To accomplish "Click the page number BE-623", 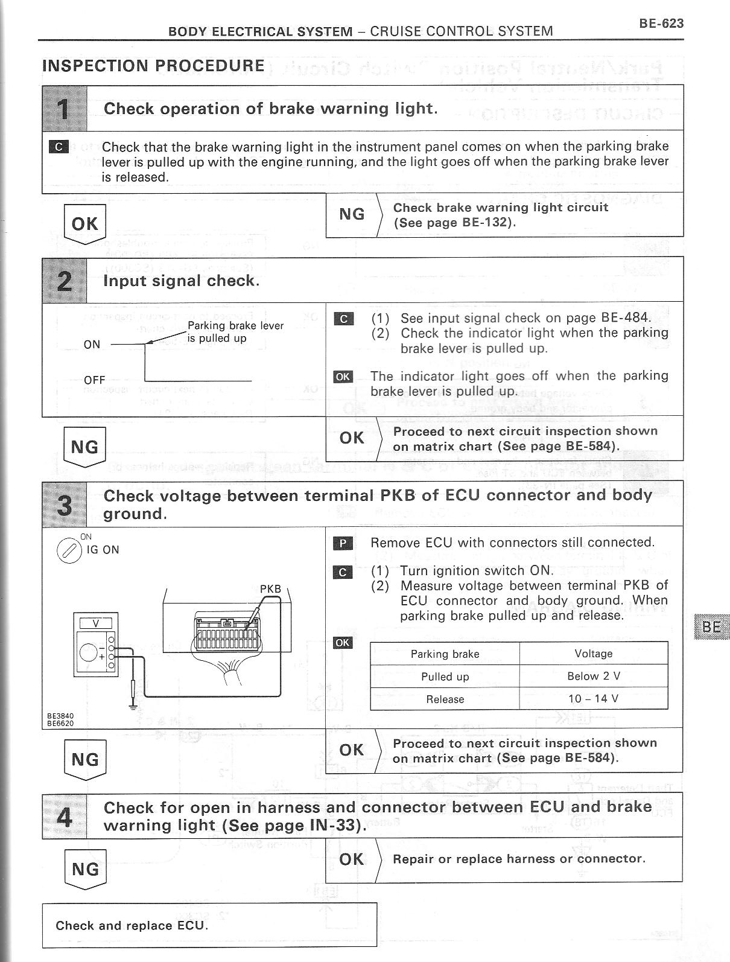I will (661, 24).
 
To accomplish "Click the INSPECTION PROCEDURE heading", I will (153, 66).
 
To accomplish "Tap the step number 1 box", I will (64, 109).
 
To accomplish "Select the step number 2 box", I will (64, 280).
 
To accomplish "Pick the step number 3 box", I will (64, 504).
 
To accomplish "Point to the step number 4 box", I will (64, 816).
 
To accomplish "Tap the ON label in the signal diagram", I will (92, 345).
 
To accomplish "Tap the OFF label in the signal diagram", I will (95, 380).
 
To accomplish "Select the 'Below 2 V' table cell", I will (593, 676).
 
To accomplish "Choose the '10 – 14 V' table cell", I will (593, 699).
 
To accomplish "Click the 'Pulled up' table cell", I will (445, 677).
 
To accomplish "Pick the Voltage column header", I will (593, 654).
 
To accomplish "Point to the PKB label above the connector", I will (271, 589).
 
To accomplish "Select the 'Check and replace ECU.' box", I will (209, 925).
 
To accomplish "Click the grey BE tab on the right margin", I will (711, 626).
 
